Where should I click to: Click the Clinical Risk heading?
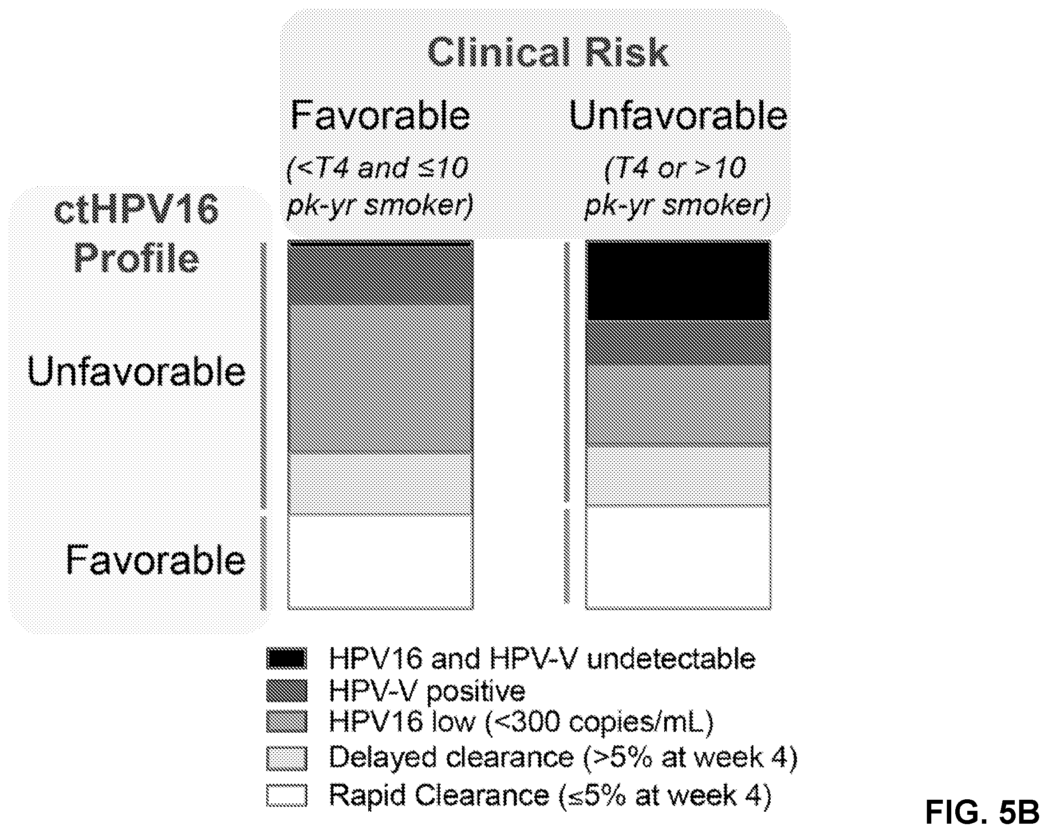548,52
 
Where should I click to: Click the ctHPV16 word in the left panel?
137,209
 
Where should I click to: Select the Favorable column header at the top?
380,115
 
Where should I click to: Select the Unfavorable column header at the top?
678,115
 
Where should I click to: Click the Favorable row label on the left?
156,560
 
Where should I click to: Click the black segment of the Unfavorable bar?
678,281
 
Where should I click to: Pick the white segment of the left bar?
380,562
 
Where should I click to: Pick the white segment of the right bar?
678,558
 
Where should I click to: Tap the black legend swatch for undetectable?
287,659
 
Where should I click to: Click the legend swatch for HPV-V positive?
287,691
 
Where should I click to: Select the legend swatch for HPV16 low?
287,722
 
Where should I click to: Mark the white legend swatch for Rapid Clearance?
287,796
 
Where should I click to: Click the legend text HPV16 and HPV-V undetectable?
542,659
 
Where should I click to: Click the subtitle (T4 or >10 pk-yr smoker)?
677,187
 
